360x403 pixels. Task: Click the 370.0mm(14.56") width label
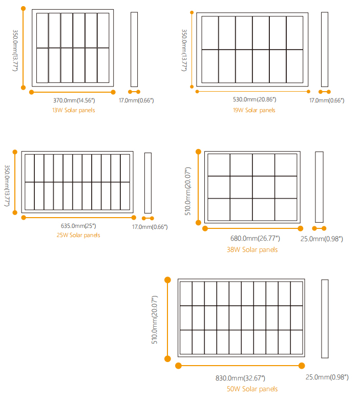pos(74,100)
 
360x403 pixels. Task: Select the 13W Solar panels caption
pos(74,110)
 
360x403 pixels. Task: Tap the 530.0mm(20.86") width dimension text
pos(255,99)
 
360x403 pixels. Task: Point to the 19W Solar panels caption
pos(254,110)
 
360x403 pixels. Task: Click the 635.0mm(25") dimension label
pos(78,226)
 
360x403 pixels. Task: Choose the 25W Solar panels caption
pos(78,235)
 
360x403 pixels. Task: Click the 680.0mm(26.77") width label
pos(255,238)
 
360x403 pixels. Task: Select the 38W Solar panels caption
pos(252,249)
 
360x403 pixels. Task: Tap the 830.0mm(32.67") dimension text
pos(240,378)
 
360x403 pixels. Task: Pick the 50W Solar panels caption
pos(252,389)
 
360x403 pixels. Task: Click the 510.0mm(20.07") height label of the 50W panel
pos(154,320)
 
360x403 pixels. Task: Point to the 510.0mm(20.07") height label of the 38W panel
pos(188,191)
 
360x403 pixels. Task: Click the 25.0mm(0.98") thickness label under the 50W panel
pos(327,377)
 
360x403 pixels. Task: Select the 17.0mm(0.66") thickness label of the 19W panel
pos(327,100)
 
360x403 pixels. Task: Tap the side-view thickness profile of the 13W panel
pos(134,49)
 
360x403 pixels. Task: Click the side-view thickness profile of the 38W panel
pos(319,187)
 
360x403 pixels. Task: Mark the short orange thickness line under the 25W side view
pos(148,218)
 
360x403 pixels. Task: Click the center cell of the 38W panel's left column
pos(219,187)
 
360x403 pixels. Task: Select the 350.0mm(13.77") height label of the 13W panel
pos(15,50)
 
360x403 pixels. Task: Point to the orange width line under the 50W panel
pos(240,366)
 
